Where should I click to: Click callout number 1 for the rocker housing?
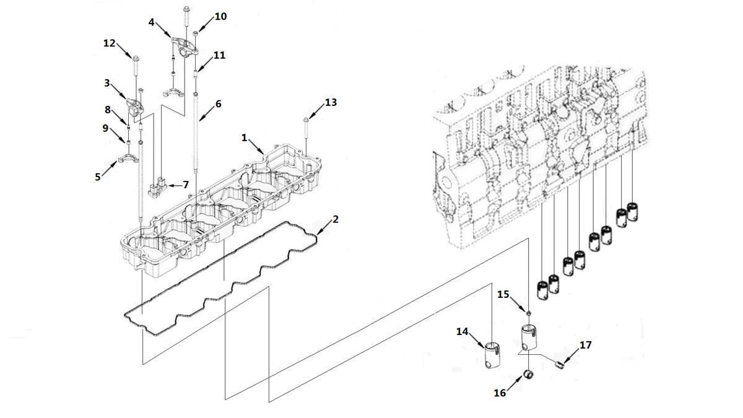(244, 137)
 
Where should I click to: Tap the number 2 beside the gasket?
(336, 219)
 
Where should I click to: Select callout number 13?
(331, 103)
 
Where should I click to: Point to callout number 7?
(186, 185)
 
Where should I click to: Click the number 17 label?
(586, 345)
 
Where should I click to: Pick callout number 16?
(500, 393)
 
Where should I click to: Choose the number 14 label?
(462, 331)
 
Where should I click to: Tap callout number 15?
(503, 294)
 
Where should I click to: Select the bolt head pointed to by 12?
(136, 59)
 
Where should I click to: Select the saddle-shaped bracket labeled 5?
(127, 159)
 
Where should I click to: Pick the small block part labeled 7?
(157, 188)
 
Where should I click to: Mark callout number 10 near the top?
(220, 17)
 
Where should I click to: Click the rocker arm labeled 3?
(135, 107)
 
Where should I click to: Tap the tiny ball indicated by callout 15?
(528, 313)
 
